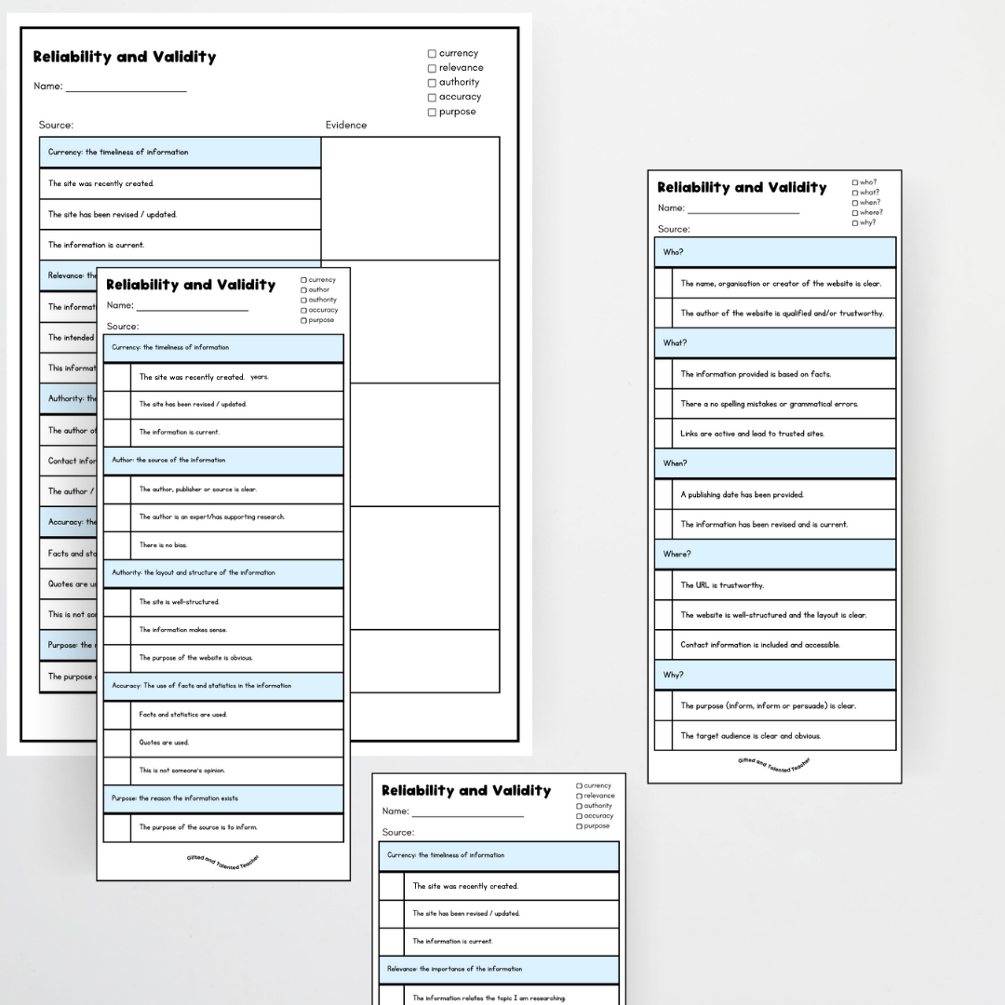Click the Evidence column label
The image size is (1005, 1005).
346,125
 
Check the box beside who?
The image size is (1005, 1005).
855,182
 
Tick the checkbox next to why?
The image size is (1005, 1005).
855,222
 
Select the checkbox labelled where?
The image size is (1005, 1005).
855,212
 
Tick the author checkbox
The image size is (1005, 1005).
303,289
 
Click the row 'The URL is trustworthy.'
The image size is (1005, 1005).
722,585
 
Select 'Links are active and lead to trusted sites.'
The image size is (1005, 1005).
752,434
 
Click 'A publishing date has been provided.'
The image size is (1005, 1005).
742,494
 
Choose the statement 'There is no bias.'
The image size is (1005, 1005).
156,545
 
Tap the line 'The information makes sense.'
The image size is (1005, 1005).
182,630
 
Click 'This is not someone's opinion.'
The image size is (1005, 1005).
181,770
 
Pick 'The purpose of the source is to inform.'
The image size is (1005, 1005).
198,827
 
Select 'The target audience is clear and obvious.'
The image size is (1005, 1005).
750,736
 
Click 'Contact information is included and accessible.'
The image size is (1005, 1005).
759,645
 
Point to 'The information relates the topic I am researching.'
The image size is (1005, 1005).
489,998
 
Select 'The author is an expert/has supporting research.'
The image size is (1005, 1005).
212,516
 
